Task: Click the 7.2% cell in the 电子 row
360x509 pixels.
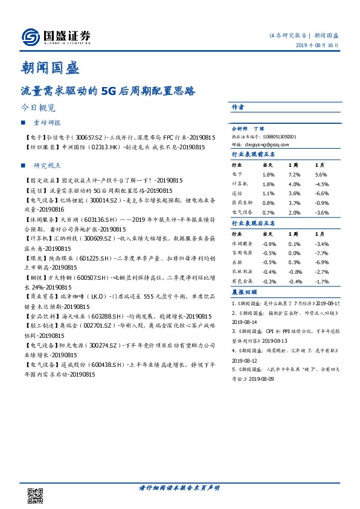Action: click(x=294, y=173)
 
